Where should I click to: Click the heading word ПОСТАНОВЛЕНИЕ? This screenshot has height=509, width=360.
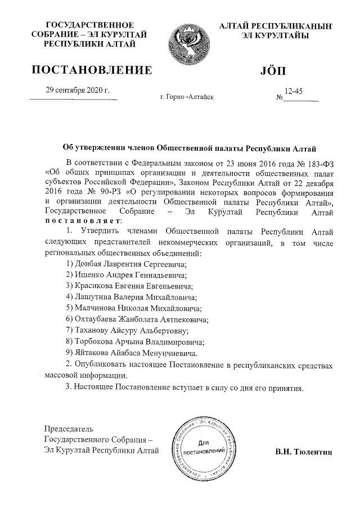[92, 70]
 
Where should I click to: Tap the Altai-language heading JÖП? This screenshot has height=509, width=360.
[273, 71]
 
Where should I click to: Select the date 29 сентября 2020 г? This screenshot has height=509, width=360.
[77, 91]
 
